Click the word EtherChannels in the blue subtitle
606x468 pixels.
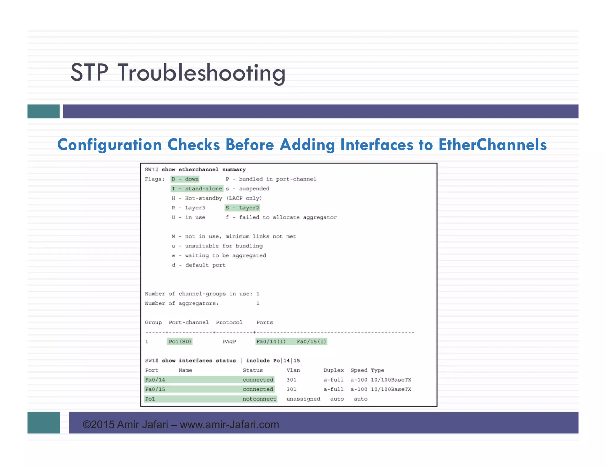[492, 145]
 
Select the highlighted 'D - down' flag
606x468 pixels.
[185, 179]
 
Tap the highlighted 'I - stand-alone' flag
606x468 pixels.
[197, 189]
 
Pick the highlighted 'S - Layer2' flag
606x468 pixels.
[242, 208]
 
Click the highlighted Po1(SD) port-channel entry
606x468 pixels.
[180, 341]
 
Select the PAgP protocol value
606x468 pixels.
[229, 341]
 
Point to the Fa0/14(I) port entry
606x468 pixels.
[271, 341]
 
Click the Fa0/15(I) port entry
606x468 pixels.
[311, 341]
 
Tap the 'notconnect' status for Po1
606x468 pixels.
[259, 399]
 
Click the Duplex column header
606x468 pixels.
[333, 370]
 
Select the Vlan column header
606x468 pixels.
[293, 370]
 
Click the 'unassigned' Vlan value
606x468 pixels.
[303, 399]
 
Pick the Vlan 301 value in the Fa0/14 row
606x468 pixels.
[291, 380]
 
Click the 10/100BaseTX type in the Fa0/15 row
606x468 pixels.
[391, 389]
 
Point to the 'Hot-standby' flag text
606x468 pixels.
[203, 198]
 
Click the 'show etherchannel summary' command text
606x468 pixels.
[204, 170]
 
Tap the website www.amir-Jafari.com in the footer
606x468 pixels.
[229, 425]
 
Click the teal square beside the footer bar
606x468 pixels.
[43, 422]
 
